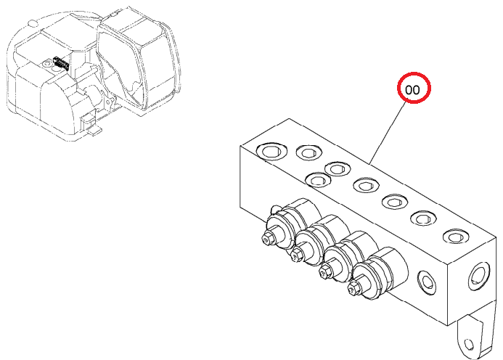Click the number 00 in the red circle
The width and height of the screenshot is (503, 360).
[412, 90]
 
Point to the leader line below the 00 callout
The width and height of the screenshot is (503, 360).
[387, 133]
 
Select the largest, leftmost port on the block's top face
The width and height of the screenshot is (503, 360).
[271, 151]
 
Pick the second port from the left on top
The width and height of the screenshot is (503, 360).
[309, 152]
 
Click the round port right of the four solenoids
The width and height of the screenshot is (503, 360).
[427, 282]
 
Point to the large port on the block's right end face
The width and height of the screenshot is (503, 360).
[479, 277]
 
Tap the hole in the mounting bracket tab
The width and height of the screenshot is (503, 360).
[469, 345]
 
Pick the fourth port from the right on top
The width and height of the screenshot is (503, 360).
[366, 185]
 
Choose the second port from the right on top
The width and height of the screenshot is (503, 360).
[424, 218]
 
